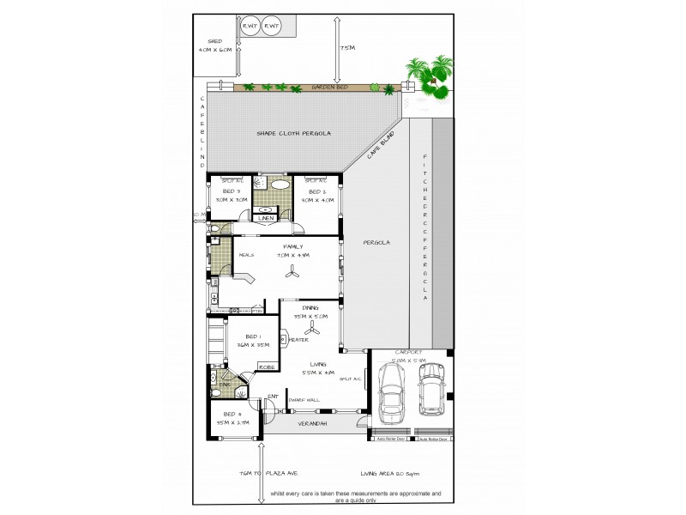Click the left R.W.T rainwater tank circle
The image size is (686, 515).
tap(251, 27)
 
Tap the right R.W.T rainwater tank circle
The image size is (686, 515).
tap(273, 27)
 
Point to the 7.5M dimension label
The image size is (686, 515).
tap(346, 48)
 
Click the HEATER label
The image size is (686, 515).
tap(299, 340)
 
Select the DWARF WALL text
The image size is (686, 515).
tap(306, 398)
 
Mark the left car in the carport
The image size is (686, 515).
tap(394, 395)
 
